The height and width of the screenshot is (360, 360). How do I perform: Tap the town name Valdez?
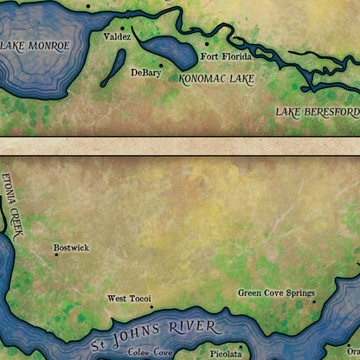(117, 37)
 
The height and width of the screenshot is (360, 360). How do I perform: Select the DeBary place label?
(145, 74)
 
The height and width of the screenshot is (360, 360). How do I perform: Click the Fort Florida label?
(227, 57)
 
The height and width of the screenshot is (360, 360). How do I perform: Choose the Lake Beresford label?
(317, 112)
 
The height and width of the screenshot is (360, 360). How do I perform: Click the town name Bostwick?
(71, 247)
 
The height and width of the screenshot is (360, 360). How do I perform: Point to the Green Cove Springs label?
(276, 292)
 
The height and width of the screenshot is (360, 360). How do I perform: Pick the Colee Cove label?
(151, 352)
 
